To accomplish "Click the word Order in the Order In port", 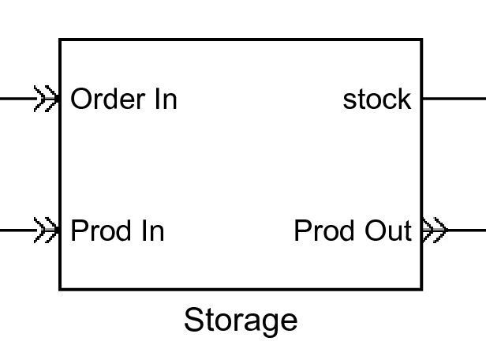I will [x=107, y=99].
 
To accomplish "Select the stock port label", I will [x=376, y=99].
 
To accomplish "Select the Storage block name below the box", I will [x=241, y=321].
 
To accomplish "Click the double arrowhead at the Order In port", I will [x=47, y=99].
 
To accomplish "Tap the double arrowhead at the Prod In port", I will [x=47, y=231].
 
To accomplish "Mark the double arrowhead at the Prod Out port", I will [x=435, y=231].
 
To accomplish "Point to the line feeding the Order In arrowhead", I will [x=16, y=99].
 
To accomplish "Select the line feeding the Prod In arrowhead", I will [x=16, y=231].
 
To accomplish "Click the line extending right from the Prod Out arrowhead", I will [x=467, y=231].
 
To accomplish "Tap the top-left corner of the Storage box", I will [x=61, y=40].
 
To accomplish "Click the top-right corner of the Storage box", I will [x=421, y=40].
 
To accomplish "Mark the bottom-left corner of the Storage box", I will [x=61, y=289].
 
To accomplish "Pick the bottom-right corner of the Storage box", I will [x=421, y=289].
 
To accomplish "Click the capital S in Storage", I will [x=194, y=321].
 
